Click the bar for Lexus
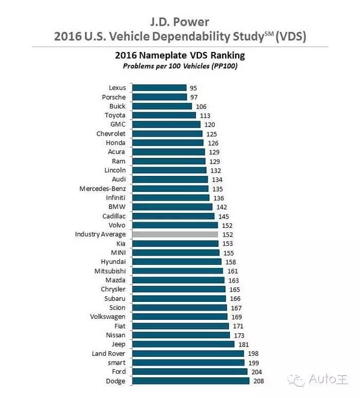coord(159,88)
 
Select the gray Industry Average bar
coord(175,234)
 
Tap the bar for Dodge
coord(191,381)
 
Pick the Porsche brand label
coord(114,97)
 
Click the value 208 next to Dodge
coord(258,381)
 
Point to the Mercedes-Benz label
coord(102,189)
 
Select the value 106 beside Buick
coord(201,106)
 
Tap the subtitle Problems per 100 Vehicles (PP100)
coord(179,66)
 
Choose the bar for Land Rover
coord(188,354)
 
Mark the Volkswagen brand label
coord(107,317)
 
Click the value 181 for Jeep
coord(243,345)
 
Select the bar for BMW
coord(172,207)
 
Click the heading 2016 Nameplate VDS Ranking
coord(179,56)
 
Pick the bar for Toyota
coord(164,116)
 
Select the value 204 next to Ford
coord(256,372)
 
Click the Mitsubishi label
coord(110,271)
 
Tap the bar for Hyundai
coord(177,262)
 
